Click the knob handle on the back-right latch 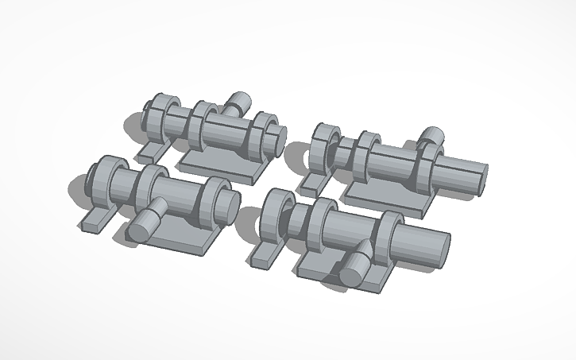tap(432, 136)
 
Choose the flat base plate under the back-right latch tap(389, 199)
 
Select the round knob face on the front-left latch tap(140, 227)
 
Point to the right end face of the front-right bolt tap(441, 248)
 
